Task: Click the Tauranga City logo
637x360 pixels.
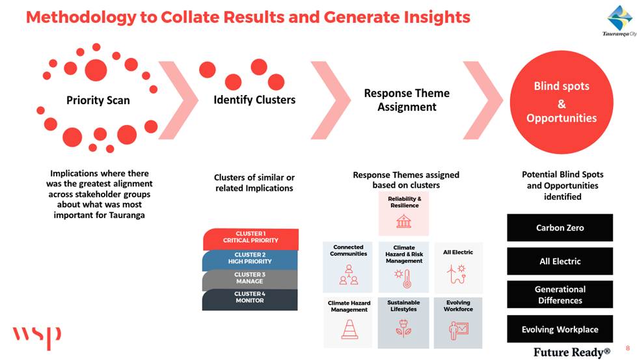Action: [x=620, y=20]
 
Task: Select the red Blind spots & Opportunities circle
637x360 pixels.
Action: [x=562, y=102]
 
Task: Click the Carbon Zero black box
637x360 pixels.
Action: [x=560, y=228]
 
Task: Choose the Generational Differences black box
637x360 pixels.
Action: [x=560, y=295]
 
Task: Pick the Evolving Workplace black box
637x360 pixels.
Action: [x=560, y=329]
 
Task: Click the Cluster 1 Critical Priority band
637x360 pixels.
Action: [x=251, y=239]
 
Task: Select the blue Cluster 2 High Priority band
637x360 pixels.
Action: [x=250, y=260]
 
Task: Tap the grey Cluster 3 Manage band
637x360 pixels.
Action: [x=250, y=279]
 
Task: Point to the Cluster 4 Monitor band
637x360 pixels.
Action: [x=250, y=299]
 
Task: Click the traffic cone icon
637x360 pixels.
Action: [x=349, y=329]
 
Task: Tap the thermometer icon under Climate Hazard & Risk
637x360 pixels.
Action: [x=404, y=279]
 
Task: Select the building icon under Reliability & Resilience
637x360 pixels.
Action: [x=404, y=221]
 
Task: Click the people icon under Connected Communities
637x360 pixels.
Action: [x=349, y=275]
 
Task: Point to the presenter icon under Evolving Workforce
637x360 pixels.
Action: [x=459, y=330]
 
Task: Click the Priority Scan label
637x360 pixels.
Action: [x=98, y=100]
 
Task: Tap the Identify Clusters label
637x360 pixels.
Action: [x=254, y=100]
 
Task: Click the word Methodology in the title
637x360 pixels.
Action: [x=81, y=18]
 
